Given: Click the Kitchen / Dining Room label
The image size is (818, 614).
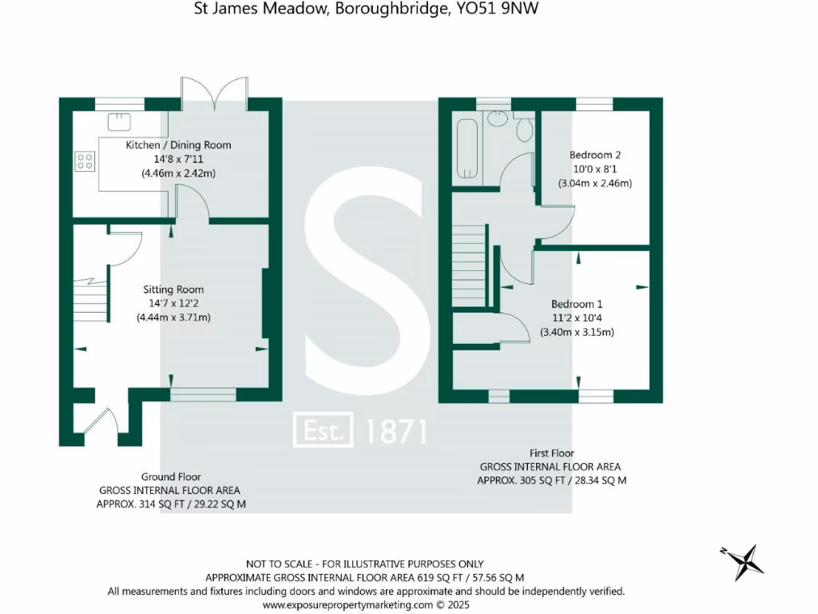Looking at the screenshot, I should [178, 145].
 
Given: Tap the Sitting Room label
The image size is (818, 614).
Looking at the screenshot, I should [173, 289].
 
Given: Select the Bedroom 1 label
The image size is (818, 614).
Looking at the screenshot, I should [577, 304].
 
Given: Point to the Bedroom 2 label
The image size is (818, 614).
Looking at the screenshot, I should [595, 154].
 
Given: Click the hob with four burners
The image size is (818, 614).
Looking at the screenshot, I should [85, 161].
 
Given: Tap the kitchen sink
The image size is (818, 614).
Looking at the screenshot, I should [120, 120].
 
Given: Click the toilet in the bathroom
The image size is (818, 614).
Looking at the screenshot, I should [525, 127].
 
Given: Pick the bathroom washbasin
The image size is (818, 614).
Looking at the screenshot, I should [498, 118].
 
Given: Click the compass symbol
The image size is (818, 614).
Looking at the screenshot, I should [743, 560].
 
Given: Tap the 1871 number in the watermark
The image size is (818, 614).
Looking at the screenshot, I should [395, 431].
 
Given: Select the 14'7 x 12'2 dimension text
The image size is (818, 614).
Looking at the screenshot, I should [173, 303].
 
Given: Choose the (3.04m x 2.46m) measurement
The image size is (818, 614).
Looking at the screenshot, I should [595, 183].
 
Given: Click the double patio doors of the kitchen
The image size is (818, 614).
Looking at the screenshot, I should [214, 92].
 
